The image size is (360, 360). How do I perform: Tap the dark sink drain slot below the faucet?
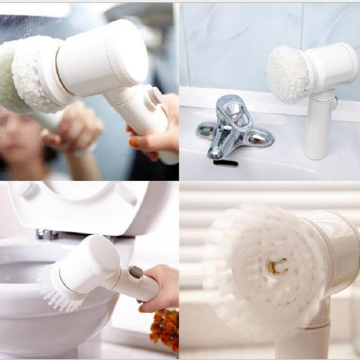[225, 163]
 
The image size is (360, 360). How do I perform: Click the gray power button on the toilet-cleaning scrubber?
[135, 272]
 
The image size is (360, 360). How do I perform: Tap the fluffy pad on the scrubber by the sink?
[288, 74]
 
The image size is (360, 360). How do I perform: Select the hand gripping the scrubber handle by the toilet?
[160, 288]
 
